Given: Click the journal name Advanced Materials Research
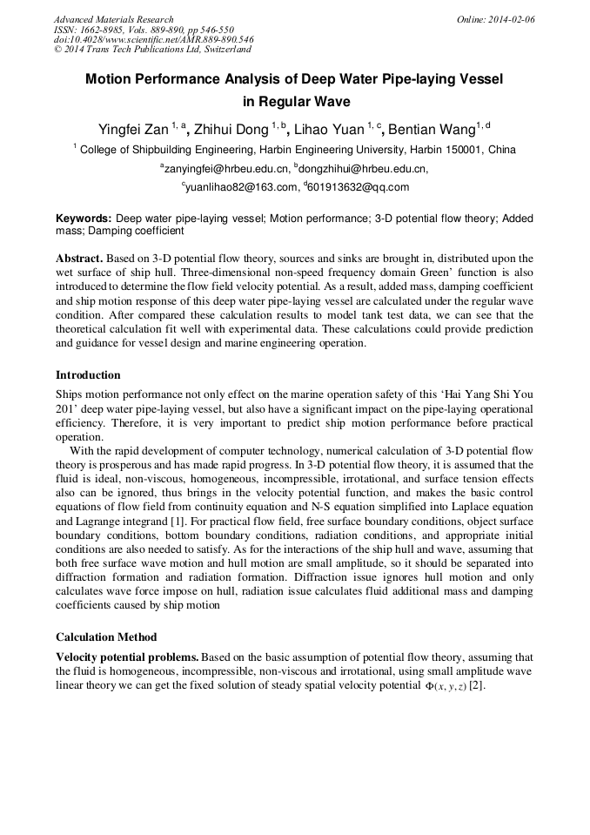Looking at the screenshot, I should click(113, 19).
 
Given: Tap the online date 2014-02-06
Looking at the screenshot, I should click(511, 19).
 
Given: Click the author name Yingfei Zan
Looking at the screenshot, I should click(131, 131).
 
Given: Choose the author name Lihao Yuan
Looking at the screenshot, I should click(331, 131).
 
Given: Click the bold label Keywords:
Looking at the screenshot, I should click(84, 219).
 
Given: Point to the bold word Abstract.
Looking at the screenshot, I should click(81, 259).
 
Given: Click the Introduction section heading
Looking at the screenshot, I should click(88, 375).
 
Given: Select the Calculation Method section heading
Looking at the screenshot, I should click(106, 636).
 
